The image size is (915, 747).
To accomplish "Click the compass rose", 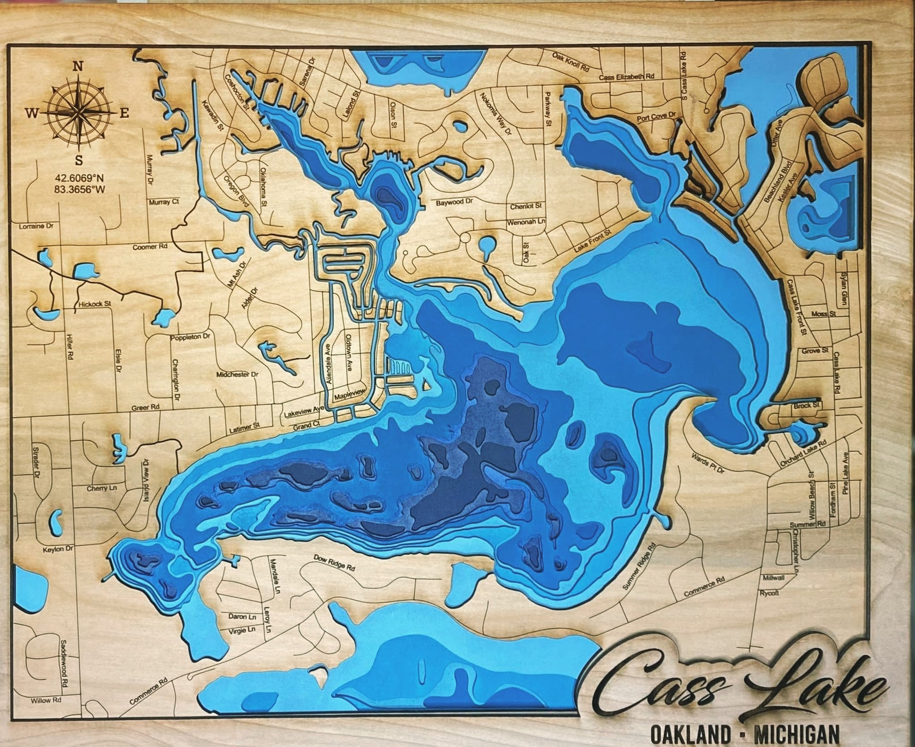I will pos(78,112).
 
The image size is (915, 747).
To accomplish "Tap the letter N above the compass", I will pos(78,66).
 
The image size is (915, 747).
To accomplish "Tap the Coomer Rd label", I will pos(150,247).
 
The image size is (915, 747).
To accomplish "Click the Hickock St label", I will pos(95,303).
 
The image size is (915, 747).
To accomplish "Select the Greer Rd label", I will pos(145,408).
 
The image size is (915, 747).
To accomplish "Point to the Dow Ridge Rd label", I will pos(334,562).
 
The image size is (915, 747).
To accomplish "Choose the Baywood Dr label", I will pos(454,203).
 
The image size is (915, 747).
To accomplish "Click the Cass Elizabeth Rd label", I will pos(627,77).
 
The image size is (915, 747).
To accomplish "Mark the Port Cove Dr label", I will pos(656,118).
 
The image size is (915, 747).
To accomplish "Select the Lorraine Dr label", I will pos(36,227).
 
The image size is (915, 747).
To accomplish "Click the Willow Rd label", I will pos(46,701).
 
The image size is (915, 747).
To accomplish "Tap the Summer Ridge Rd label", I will pos(640,567).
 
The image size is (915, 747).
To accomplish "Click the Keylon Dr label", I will pos(58,549).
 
